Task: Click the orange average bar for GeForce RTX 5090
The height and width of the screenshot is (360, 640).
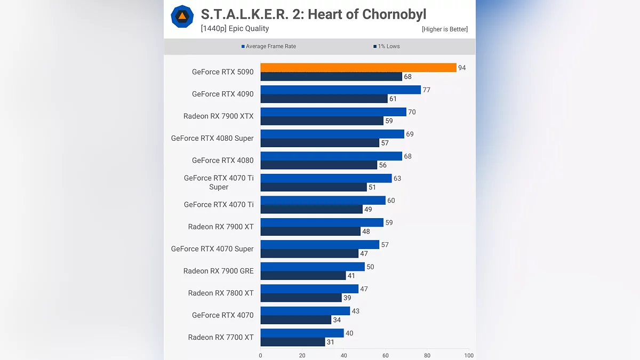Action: pyautogui.click(x=358, y=68)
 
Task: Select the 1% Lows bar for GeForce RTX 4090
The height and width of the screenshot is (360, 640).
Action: pyautogui.click(x=324, y=99)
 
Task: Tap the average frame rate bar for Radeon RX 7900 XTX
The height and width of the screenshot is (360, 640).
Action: pyautogui.click(x=333, y=112)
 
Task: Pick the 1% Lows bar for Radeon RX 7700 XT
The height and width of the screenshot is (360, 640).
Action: pyautogui.click(x=293, y=342)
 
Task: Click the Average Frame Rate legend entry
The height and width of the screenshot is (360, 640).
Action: pyautogui.click(x=269, y=46)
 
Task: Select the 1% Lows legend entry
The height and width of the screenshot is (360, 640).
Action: pyautogui.click(x=387, y=46)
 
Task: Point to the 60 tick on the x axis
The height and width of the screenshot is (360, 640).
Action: pyautogui.click(x=386, y=356)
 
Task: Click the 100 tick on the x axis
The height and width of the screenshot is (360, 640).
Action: pyautogui.click(x=468, y=356)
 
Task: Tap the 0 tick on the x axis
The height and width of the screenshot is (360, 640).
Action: pyautogui.click(x=260, y=356)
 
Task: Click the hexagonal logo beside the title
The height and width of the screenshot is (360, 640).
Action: pyautogui.click(x=182, y=17)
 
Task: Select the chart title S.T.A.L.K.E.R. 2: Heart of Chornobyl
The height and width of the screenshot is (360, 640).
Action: pyautogui.click(x=314, y=14)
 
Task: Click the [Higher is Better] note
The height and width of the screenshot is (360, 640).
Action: pyautogui.click(x=444, y=29)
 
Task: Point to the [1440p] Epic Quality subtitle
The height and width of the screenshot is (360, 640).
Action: pyautogui.click(x=235, y=29)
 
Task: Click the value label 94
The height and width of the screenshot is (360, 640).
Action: pyautogui.click(x=462, y=68)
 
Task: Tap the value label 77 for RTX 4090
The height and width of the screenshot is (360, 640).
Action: pyautogui.click(x=426, y=90)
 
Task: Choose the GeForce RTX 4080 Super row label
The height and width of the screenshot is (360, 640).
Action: pyautogui.click(x=212, y=138)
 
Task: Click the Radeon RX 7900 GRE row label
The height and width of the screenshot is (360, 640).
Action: pyautogui.click(x=219, y=271)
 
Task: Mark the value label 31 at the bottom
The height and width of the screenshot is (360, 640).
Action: pyautogui.click(x=331, y=342)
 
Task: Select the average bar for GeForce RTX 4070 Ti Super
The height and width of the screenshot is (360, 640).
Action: pyautogui.click(x=326, y=178)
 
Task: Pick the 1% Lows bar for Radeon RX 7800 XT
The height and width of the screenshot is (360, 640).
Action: pyautogui.click(x=301, y=298)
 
